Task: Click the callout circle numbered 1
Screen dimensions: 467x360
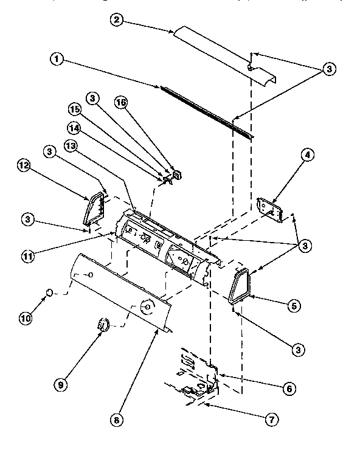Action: pyautogui.click(x=56, y=60)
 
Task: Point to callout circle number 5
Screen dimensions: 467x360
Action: pyautogui.click(x=294, y=306)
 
